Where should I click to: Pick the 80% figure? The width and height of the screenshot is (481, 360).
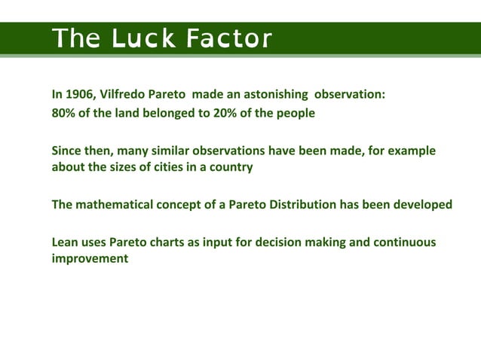coord(63,114)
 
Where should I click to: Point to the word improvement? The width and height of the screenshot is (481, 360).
coord(89,258)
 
